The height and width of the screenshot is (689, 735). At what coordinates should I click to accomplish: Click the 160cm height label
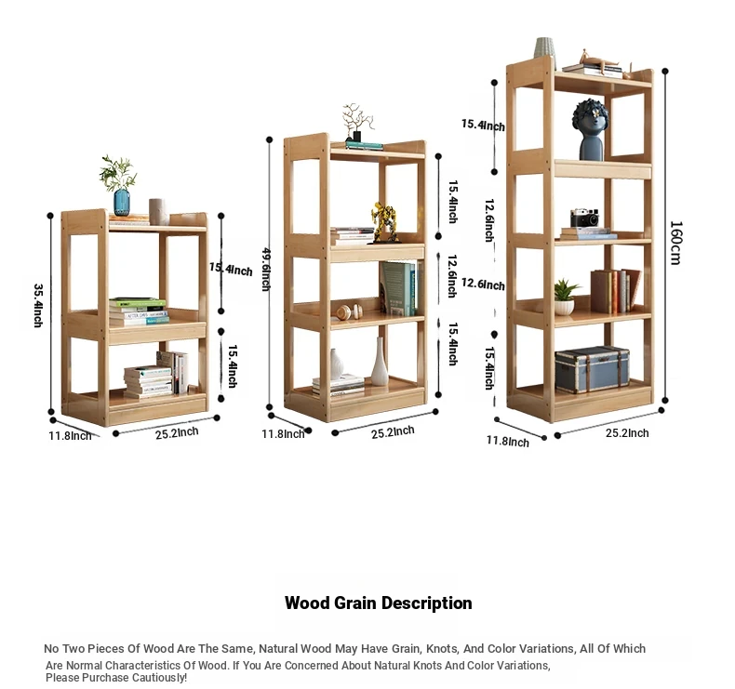pyautogui.click(x=675, y=243)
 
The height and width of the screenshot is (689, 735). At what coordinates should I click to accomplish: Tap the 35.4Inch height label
pyautogui.click(x=38, y=305)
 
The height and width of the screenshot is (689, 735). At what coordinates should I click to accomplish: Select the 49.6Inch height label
pyautogui.click(x=266, y=269)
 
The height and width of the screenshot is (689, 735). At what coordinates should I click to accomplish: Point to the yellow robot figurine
pyautogui.click(x=385, y=222)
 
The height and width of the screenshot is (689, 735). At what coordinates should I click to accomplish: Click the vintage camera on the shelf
pyautogui.click(x=584, y=219)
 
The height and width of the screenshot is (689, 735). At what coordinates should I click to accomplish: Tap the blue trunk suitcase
pyautogui.click(x=592, y=369)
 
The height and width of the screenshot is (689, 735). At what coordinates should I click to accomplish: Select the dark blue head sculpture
pyautogui.click(x=590, y=130)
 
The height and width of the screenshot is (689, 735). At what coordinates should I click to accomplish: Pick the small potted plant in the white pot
pyautogui.click(x=565, y=297)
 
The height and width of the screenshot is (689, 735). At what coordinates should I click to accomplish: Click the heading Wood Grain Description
pyautogui.click(x=379, y=603)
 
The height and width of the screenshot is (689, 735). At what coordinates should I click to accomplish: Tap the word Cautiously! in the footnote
pyautogui.click(x=159, y=677)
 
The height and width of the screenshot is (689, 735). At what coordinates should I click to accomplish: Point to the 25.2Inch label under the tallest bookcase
pyautogui.click(x=627, y=432)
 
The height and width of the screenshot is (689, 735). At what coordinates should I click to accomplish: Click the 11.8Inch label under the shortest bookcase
pyautogui.click(x=71, y=435)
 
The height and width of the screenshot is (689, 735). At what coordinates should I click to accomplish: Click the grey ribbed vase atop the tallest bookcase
pyautogui.click(x=544, y=48)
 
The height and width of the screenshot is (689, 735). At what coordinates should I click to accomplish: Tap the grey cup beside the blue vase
pyautogui.click(x=157, y=212)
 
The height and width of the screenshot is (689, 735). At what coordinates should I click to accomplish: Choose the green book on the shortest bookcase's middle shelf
pyautogui.click(x=138, y=302)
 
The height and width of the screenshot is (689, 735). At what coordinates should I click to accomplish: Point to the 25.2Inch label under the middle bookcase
pyautogui.click(x=393, y=432)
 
